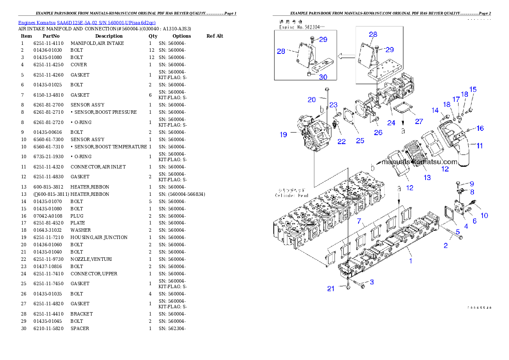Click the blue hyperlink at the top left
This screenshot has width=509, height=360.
87,22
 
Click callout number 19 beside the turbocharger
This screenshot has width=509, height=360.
284,135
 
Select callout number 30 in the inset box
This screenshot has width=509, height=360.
323,77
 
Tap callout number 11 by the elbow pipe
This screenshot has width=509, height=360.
479,146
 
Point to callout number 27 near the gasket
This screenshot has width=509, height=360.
419,121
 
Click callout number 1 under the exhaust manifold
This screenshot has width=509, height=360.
411,260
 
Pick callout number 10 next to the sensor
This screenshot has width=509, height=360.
484,215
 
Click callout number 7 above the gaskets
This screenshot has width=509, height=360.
360,221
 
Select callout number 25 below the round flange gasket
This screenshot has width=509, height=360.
360,141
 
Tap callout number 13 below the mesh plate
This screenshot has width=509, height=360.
427,177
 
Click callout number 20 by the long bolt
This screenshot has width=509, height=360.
312,100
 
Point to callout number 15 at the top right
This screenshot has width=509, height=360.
473,89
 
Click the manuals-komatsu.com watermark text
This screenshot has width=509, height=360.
419,162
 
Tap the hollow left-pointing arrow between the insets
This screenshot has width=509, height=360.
346,56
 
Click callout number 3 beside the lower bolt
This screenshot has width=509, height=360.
372,282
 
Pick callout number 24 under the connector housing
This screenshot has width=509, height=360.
391,123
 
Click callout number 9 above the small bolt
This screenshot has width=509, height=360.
472,184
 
